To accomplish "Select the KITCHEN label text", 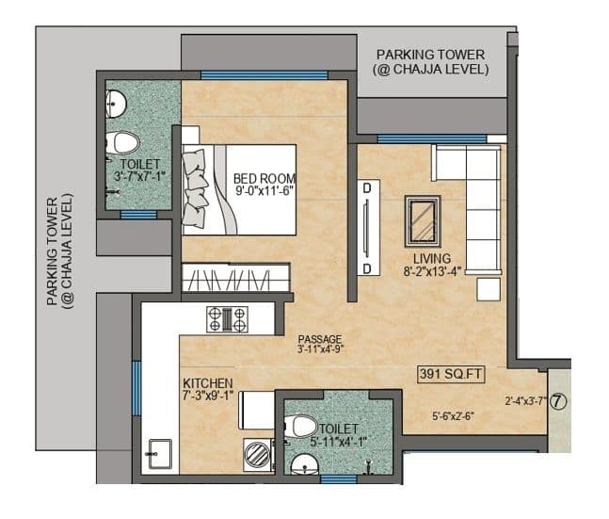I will tap(208, 383).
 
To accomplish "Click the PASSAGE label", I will tap(319, 339).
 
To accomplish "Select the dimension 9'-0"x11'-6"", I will tap(264, 191).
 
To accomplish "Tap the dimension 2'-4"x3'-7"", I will tap(524, 400).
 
